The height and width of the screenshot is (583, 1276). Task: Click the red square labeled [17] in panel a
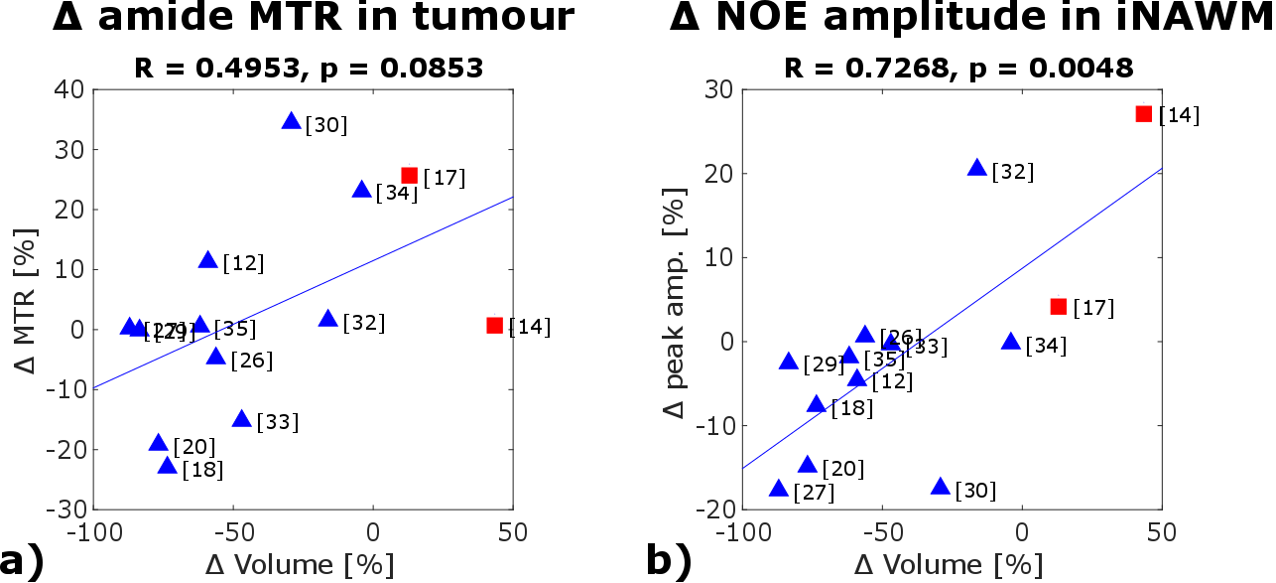click(409, 176)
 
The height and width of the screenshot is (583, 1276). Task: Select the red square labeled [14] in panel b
click(1143, 114)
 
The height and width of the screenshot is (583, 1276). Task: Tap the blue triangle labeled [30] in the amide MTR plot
click(291, 121)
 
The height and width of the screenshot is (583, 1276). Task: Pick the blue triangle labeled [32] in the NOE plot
click(977, 169)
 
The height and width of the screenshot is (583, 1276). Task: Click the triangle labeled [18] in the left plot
click(168, 466)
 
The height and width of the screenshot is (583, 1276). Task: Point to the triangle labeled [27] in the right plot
click(779, 489)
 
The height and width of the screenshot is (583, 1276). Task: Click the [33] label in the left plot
click(277, 422)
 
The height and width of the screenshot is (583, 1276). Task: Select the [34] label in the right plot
click(1047, 346)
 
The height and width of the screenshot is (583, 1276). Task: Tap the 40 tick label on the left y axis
click(68, 90)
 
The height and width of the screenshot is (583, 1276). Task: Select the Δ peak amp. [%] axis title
click(675, 299)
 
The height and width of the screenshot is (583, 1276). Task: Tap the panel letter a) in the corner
click(22, 562)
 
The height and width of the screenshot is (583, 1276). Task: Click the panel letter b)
click(669, 562)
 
